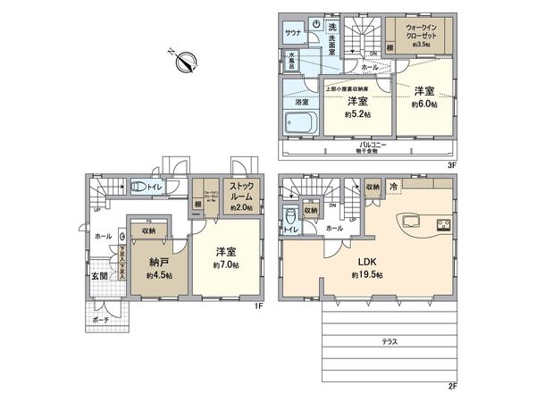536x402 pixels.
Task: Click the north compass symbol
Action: tap(188, 61)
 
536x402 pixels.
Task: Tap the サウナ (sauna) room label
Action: tap(292, 31)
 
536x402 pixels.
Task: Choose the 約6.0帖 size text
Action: tap(425, 105)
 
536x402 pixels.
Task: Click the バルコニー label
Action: tap(372, 144)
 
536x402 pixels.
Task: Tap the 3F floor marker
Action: tap(452, 164)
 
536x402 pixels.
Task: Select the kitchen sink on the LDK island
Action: tap(413, 222)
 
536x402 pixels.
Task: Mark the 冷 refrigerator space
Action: tap(394, 186)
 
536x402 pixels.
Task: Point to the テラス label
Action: tap(389, 341)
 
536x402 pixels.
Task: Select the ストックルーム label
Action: tap(241, 193)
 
